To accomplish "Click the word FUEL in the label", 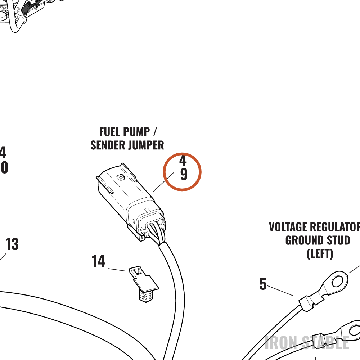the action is click(x=107, y=132).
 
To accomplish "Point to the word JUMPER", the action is click(x=146, y=145).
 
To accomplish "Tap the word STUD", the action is click(x=338, y=240).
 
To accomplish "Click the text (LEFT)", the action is click(x=320, y=254).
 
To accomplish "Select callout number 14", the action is click(x=98, y=261).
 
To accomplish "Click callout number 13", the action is click(x=12, y=244).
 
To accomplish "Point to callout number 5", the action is click(x=263, y=284).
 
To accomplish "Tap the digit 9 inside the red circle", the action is click(x=184, y=174).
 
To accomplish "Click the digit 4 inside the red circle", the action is click(x=183, y=161).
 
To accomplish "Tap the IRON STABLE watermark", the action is click(x=307, y=343).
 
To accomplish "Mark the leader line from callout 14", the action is click(x=117, y=270).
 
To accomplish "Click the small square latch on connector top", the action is click(x=120, y=177).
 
